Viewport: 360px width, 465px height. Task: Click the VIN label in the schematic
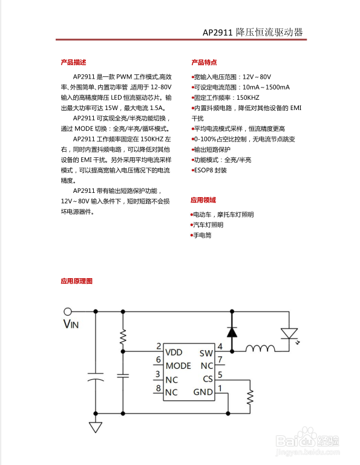(x=71, y=324)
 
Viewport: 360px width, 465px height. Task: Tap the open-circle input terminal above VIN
(x=68, y=311)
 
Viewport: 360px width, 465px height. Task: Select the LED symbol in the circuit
(x=289, y=333)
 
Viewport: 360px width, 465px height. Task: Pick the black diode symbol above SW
(x=231, y=331)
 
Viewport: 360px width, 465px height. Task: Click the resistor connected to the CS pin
(x=249, y=397)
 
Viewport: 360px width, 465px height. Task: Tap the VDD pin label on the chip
(x=174, y=352)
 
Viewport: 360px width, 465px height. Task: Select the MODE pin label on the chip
(x=178, y=365)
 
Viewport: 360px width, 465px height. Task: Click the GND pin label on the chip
(x=203, y=392)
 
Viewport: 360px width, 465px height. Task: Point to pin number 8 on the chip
(x=158, y=388)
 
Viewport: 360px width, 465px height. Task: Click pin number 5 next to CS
(x=220, y=375)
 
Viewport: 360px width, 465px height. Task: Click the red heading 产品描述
(x=73, y=62)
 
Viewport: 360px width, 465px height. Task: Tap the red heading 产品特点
(x=204, y=62)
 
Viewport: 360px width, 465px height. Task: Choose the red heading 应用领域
(x=203, y=200)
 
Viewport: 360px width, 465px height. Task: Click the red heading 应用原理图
(x=76, y=281)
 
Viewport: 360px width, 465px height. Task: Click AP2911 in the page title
(x=218, y=33)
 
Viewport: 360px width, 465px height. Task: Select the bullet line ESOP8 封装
(x=210, y=171)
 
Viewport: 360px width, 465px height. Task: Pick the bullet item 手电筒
(x=202, y=235)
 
